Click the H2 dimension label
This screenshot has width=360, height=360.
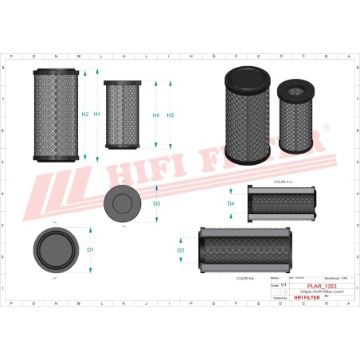85,115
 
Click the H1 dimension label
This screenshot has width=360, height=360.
97,115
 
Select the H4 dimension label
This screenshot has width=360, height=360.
156,116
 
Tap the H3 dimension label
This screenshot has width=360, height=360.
170,116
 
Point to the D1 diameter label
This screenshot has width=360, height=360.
91,250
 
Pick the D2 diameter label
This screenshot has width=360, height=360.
181,251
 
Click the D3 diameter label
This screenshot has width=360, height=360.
157,204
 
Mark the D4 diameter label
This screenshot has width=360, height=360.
231,204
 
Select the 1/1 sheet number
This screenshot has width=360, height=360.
284,284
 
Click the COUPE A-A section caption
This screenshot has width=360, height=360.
283,182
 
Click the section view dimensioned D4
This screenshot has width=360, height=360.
283,204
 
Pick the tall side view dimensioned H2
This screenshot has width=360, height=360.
57,115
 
